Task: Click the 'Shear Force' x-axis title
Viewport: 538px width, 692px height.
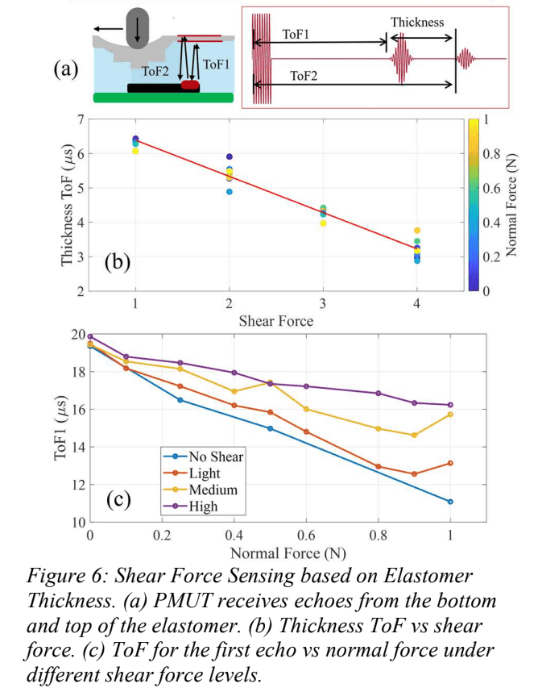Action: (x=275, y=320)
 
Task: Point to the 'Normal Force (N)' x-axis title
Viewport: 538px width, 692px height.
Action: (x=277, y=554)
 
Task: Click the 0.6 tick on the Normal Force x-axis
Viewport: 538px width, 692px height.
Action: (x=307, y=536)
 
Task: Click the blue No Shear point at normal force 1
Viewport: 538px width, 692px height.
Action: (x=450, y=502)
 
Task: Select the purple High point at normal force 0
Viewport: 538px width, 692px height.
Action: (x=90, y=336)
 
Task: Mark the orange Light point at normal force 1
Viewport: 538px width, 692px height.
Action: (x=450, y=463)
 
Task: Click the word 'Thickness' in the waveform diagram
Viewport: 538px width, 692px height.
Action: (x=416, y=22)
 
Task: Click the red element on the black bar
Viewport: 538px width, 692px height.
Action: (x=190, y=85)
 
